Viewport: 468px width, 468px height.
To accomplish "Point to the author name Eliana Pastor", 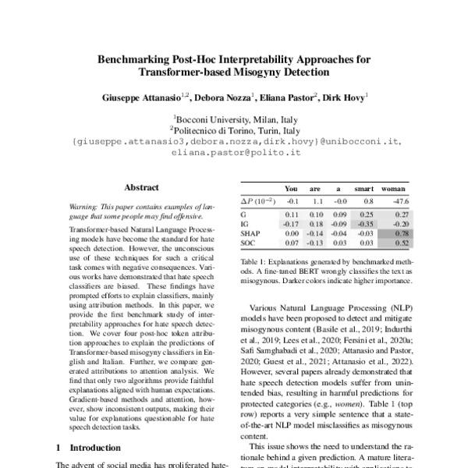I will click(283, 98).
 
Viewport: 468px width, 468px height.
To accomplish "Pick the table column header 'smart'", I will click(363, 189).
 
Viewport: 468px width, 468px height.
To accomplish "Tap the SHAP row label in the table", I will click(250, 233).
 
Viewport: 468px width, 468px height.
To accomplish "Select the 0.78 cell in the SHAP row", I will click(403, 233).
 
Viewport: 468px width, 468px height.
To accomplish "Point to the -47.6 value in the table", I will click(402, 200).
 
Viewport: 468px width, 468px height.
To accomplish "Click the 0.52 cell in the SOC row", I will click(403, 243).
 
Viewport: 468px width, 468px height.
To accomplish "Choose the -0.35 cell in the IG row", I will click(364, 223).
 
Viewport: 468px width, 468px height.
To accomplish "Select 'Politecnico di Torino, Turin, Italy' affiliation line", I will click(234, 131).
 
